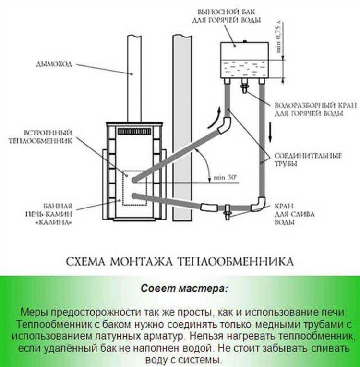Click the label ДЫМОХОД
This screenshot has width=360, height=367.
[53, 64]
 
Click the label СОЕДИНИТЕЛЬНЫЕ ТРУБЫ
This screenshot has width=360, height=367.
[307, 159]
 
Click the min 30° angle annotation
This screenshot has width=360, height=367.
[225, 178]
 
